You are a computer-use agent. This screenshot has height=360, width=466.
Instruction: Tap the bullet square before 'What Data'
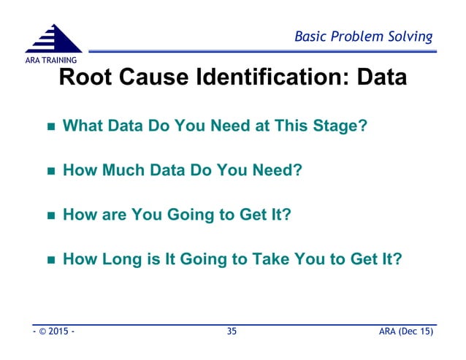51,127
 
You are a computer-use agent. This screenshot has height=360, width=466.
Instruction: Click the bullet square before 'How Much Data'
51,172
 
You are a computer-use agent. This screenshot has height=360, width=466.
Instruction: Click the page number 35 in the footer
232,333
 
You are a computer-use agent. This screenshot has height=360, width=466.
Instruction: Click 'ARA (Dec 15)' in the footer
403,333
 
